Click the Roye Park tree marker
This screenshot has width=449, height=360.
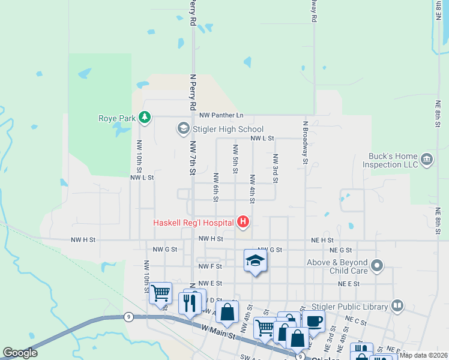pyautogui.click(x=144, y=117)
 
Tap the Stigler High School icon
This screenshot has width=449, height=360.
pyautogui.click(x=182, y=128)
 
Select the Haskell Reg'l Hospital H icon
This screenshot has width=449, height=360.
pyautogui.click(x=243, y=223)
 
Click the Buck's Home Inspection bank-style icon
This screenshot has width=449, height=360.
pyautogui.click(x=426, y=159)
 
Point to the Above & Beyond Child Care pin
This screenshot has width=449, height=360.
pyautogui.click(x=377, y=265)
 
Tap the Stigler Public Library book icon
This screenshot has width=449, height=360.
pyautogui.click(x=397, y=306)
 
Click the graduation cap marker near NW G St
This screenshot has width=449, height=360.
pyautogui.click(x=255, y=261)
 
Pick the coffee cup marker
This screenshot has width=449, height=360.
pyautogui.click(x=313, y=321)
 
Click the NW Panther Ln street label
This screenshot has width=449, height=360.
pyautogui.click(x=221, y=115)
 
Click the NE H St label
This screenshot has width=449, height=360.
pyautogui.click(x=322, y=239)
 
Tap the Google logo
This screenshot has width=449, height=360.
pyautogui.click(x=20, y=353)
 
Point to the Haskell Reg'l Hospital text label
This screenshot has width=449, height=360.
pyautogui.click(x=193, y=223)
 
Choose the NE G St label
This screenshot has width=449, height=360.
pyautogui.click(x=340, y=250)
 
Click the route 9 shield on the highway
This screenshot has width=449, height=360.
pyautogui.click(x=128, y=316)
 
